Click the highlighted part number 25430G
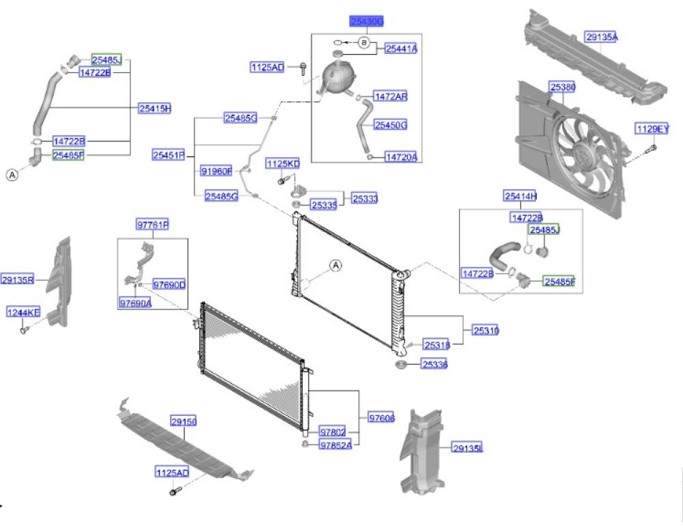coord(367,22)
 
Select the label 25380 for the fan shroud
coord(563,87)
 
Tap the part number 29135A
coord(601,38)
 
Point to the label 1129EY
coord(652,128)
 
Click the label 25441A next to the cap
coord(401,48)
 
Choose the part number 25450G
coord(391,125)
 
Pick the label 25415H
coord(154,108)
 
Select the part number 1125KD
coord(283,164)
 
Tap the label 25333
coord(365,199)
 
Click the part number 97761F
coord(152,225)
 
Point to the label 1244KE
coord(24,313)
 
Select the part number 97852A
coord(335,445)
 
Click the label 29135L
coord(467,448)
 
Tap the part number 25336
coord(434,365)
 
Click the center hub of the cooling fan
coord(581,154)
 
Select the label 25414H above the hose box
coord(520,197)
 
